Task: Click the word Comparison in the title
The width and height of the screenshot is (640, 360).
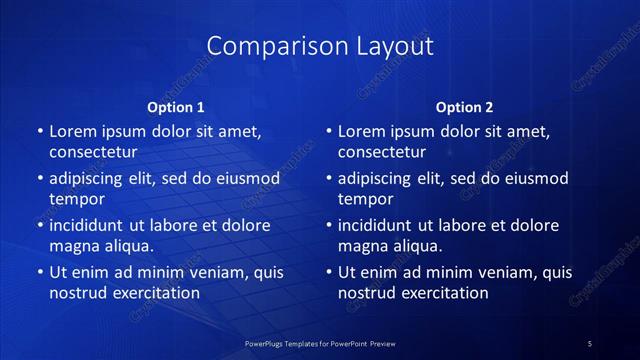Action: click(x=267, y=46)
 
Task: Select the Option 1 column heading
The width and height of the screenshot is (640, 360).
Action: click(x=176, y=106)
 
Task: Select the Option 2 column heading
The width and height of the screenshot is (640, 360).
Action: click(x=465, y=106)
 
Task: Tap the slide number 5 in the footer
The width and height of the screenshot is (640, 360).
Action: click(x=589, y=344)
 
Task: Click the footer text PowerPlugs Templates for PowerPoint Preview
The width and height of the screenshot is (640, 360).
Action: click(x=320, y=344)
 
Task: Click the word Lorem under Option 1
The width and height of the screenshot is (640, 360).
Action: click(x=71, y=131)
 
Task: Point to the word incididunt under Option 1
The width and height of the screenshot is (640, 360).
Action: click(x=90, y=225)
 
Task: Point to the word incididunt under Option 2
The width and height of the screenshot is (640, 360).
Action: click(x=379, y=225)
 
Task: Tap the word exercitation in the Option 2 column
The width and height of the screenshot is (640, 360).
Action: click(x=444, y=292)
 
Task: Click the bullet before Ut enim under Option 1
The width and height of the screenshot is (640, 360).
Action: click(x=39, y=272)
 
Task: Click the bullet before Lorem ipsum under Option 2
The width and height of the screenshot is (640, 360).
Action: click(x=328, y=131)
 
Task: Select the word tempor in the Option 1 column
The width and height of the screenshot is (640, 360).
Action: click(x=76, y=199)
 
